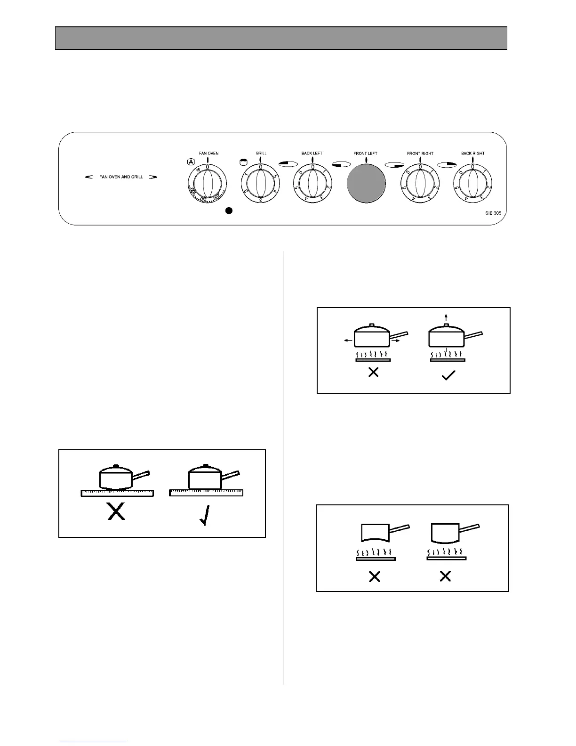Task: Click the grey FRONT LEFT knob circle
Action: click(x=366, y=184)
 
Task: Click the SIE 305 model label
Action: click(x=493, y=213)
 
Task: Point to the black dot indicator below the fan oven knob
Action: click(x=229, y=211)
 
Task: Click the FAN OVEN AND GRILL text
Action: click(x=121, y=177)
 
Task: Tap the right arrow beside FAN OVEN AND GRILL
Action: click(x=153, y=177)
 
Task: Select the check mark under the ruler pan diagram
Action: click(x=204, y=514)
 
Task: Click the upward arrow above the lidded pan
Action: click(x=446, y=317)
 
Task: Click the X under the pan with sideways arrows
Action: click(x=373, y=373)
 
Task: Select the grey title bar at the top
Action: click(x=281, y=38)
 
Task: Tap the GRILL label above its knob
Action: click(x=261, y=154)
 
